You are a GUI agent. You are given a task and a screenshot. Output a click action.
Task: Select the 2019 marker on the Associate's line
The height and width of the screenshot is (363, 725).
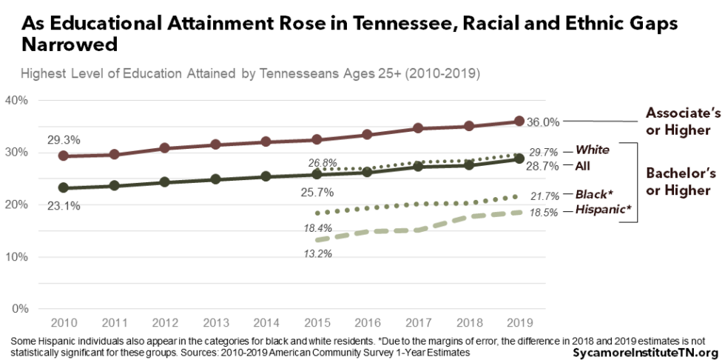coord(519,121)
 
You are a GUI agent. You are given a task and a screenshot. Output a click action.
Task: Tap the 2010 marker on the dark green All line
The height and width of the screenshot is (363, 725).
coord(64,188)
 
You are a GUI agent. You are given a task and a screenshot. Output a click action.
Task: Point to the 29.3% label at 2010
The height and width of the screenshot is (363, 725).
coord(64,139)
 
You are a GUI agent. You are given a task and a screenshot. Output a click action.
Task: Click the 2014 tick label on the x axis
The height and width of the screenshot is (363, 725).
coord(266,323)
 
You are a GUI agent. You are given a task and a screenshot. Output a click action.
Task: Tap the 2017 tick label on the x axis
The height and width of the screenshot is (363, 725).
coord(418,323)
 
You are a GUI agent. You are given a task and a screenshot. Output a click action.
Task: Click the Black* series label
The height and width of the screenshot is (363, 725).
coord(594,194)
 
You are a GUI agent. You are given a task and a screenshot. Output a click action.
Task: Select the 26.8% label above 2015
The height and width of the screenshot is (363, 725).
coord(324,162)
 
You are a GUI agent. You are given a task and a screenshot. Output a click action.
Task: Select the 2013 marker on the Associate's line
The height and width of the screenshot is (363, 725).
coord(215,144)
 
